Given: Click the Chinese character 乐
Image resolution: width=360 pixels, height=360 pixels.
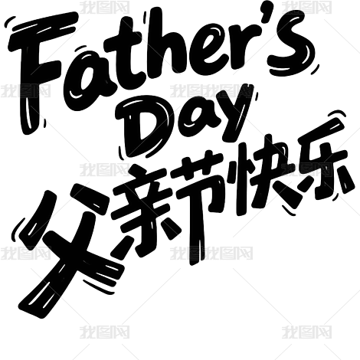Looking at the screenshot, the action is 323,163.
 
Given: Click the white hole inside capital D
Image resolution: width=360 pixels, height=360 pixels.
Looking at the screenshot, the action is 146,130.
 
